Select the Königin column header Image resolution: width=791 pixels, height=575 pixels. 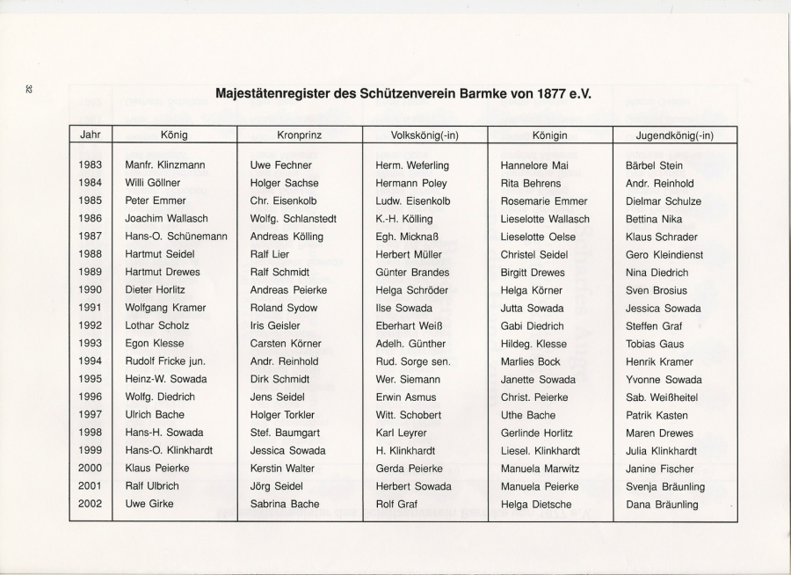coord(549,135)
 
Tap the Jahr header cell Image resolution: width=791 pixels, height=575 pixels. coord(90,135)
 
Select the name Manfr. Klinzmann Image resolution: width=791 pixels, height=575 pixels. coord(163,165)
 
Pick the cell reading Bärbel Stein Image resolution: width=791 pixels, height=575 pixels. coord(655,165)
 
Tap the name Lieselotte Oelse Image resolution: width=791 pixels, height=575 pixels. coord(538,237)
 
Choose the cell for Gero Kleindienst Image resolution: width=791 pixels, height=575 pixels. coord(664,255)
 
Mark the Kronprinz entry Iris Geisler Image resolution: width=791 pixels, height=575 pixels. coord(275,326)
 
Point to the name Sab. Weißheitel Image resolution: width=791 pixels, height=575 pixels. coord(664,397)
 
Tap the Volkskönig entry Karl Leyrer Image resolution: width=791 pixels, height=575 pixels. coord(402,433)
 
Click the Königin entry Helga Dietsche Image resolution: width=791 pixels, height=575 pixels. coord(536,505)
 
